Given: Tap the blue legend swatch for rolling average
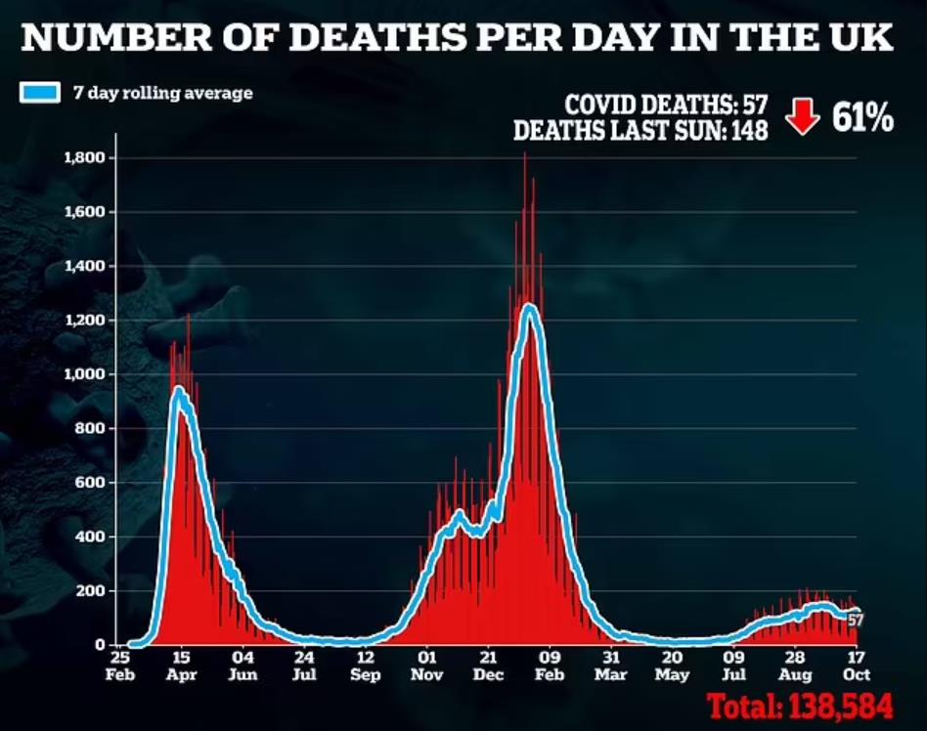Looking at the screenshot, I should [x=38, y=94].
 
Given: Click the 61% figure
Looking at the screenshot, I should [x=862, y=118].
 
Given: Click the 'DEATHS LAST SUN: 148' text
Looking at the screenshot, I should [x=640, y=130].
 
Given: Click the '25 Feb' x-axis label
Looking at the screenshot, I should [x=120, y=666].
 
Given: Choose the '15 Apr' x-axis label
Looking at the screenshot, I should [x=182, y=666].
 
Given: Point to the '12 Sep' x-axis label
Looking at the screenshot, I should [x=365, y=666].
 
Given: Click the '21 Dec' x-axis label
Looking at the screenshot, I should [x=489, y=666].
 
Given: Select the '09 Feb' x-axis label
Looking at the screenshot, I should [x=550, y=666].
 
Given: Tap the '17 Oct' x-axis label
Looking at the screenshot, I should [x=857, y=666].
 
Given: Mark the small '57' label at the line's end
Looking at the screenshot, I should [x=856, y=620].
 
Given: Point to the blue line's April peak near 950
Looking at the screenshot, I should [x=179, y=390].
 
